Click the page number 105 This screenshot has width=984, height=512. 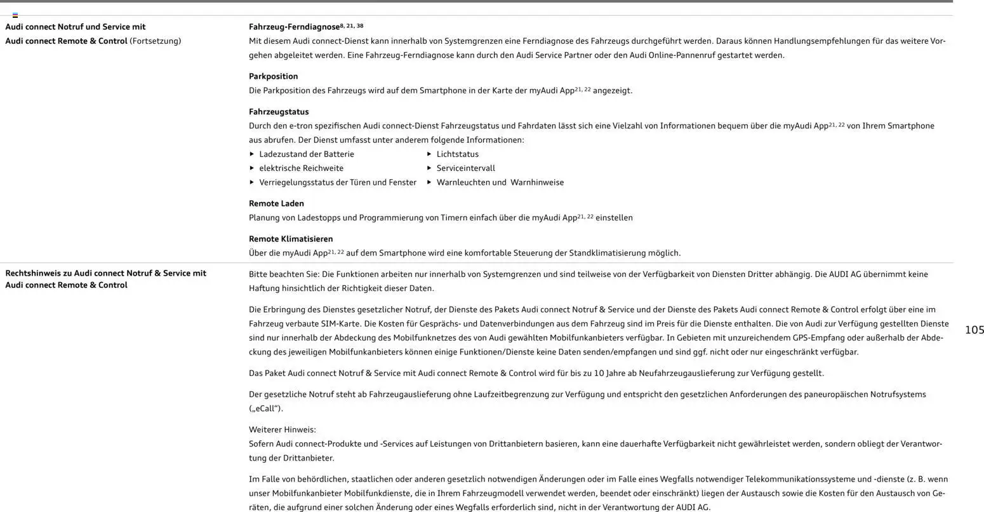click(x=974, y=330)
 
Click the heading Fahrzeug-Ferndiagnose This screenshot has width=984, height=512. click(x=295, y=27)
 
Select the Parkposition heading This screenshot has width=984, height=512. click(x=273, y=76)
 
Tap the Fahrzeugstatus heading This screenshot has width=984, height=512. click(x=279, y=112)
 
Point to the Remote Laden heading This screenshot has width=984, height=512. click(x=276, y=203)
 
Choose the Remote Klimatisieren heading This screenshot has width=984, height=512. click(x=291, y=239)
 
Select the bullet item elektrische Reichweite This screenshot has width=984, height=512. click(x=301, y=168)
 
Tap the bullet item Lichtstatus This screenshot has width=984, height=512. click(x=457, y=154)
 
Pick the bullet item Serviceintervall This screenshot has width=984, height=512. click(x=465, y=168)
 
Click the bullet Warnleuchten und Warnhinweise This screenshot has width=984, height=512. click(x=500, y=182)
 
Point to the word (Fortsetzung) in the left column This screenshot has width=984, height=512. click(x=155, y=41)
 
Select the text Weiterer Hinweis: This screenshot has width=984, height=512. click(x=282, y=429)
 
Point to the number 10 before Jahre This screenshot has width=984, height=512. click(x=599, y=373)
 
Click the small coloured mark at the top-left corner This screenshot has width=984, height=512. click(x=15, y=15)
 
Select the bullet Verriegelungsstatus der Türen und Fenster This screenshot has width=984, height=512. click(x=337, y=182)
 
